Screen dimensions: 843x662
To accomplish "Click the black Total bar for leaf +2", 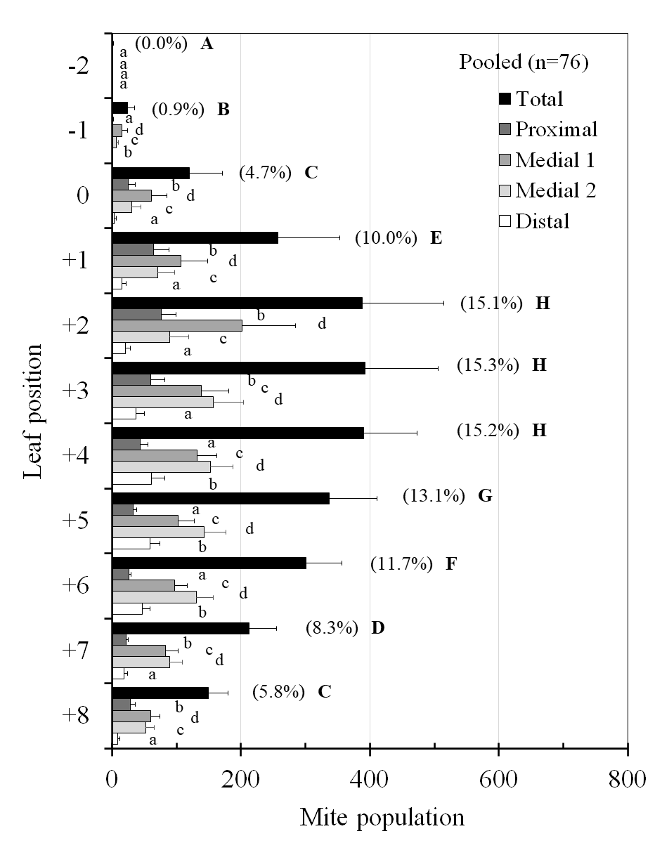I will point(237,302).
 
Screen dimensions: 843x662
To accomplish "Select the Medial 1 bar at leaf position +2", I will point(177,325).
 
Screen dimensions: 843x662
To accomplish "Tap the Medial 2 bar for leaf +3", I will point(162,402).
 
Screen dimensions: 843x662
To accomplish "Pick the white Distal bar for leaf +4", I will point(131,478).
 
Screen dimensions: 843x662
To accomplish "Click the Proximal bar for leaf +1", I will point(133,249).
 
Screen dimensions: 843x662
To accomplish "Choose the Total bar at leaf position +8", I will point(160,692).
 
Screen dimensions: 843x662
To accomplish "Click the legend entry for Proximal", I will point(556,129).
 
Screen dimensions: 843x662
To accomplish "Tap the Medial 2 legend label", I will point(555,190).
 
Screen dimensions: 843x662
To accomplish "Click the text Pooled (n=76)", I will point(524,63).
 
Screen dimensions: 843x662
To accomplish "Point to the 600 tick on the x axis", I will point(498,779).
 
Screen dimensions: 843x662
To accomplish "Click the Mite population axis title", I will point(382,818).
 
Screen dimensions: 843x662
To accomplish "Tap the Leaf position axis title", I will point(32,411).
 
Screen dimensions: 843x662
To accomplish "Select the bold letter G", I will point(484,496).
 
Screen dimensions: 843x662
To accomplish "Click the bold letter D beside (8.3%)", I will point(377,627).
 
